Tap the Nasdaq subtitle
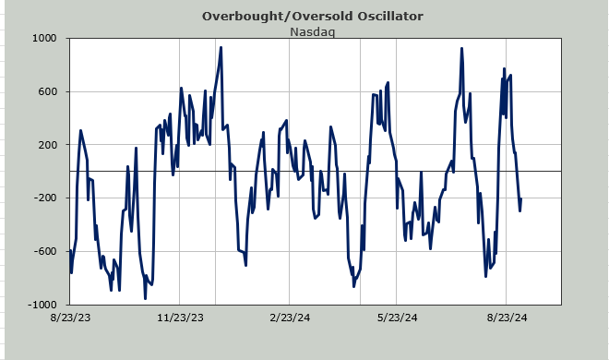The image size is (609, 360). pyautogui.click(x=312, y=31)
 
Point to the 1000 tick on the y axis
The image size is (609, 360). pyautogui.click(x=44, y=39)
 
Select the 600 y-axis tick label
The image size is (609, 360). pyautogui.click(x=48, y=91)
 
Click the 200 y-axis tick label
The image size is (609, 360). pyautogui.click(x=48, y=145)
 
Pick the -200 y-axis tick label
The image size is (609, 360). pyautogui.click(x=45, y=198)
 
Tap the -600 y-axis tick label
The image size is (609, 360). pyautogui.click(x=45, y=251)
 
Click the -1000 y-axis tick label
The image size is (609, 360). pyautogui.click(x=42, y=305)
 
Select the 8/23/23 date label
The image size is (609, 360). pyautogui.click(x=70, y=318)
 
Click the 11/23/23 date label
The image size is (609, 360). pyautogui.click(x=180, y=318)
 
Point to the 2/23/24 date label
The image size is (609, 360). pyautogui.click(x=290, y=318)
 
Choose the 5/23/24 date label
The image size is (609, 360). pyautogui.click(x=397, y=318)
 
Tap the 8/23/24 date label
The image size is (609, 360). pyautogui.click(x=507, y=318)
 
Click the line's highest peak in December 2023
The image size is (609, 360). pyautogui.click(x=221, y=48)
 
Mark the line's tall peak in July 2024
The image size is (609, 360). pyautogui.click(x=461, y=49)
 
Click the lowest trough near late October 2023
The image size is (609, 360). pyautogui.click(x=145, y=298)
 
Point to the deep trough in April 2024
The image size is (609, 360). pyautogui.click(x=353, y=286)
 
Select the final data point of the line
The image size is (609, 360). pyautogui.click(x=520, y=198)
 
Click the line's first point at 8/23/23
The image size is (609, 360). pyautogui.click(x=70, y=250)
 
